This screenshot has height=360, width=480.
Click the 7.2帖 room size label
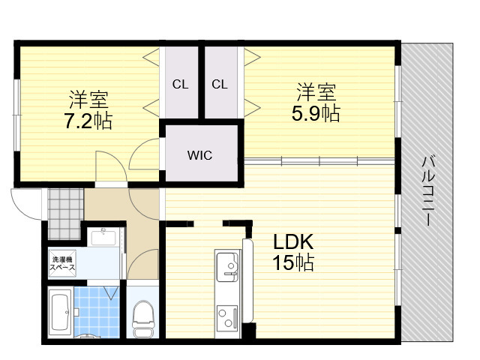88,121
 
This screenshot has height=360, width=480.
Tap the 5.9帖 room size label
316,113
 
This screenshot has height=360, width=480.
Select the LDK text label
293,241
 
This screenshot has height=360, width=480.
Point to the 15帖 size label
293,262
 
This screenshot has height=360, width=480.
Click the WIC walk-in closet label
199,155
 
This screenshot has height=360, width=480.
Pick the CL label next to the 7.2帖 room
180,84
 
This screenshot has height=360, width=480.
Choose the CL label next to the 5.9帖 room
220,84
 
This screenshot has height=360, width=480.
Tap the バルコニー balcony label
429,191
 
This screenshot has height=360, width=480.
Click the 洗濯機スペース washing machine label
62,263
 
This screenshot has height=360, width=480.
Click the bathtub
60,313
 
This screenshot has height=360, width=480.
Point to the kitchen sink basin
227,267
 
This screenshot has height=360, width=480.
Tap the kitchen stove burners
227,318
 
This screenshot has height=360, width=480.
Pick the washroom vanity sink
103,237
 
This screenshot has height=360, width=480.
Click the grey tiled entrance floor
65,214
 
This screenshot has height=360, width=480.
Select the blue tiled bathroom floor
97,312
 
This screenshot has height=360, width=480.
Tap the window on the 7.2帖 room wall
17,115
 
